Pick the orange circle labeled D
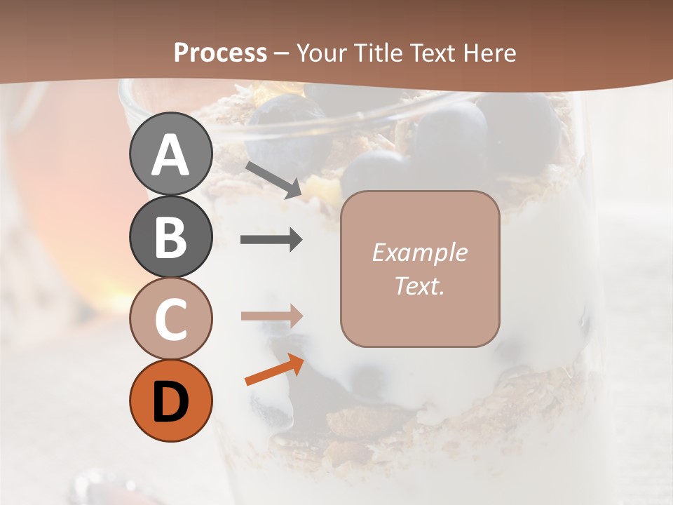[170, 402]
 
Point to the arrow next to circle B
[272, 240]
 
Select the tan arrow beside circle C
[272, 316]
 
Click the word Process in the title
[220, 53]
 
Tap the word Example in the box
[420, 253]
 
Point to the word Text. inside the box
[420, 285]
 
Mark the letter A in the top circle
[170, 155]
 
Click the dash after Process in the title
[282, 53]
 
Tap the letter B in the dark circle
[170, 237]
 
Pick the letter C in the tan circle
[170, 319]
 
